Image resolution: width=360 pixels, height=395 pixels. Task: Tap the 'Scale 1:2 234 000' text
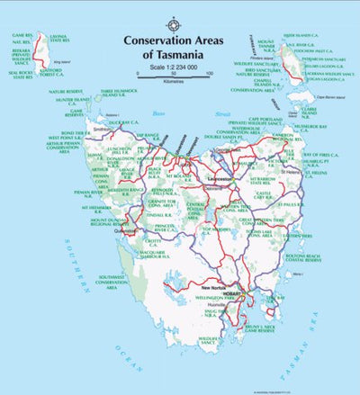coord(174,68)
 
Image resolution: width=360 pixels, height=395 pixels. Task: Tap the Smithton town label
coord(104,129)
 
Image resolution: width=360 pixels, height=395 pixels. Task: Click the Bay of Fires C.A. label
coord(333,158)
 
